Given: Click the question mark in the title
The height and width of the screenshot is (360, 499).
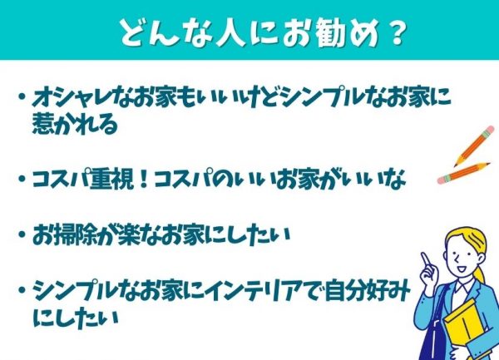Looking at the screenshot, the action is click(397, 32).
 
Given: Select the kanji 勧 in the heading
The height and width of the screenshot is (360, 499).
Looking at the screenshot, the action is click(331, 32).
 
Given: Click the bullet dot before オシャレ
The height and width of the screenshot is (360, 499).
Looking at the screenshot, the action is click(22, 96).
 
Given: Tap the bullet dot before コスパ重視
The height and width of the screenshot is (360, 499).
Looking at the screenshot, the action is click(22, 179).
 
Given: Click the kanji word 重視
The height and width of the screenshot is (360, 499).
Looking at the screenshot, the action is click(111, 179).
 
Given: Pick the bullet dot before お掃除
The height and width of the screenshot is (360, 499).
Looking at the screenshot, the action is click(22, 234).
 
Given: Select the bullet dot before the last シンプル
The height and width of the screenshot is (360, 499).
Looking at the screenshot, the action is click(22, 289).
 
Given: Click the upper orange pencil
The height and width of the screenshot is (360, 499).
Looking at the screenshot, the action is click(474, 145).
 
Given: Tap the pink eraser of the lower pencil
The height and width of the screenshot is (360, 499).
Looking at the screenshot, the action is click(442, 180).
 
